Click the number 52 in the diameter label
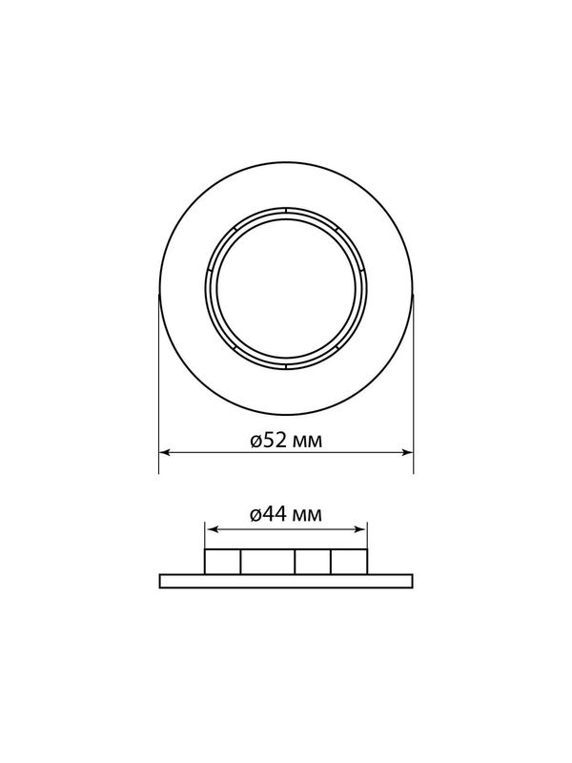pos(275,441)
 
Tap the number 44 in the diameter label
pos(275,514)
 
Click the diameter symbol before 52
pos(256,442)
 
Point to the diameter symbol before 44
pos(256,515)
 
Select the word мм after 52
pos(307,443)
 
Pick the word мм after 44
pos(307,515)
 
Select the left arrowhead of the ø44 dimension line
pos(211,529)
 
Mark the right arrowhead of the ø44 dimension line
pos(361,529)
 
